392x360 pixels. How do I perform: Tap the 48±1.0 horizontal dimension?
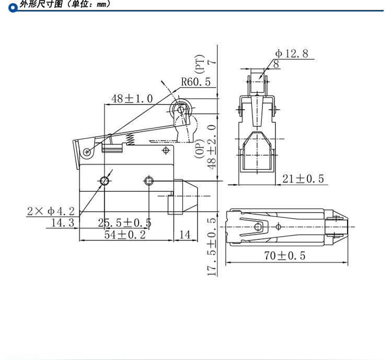pyautogui.click(x=132, y=98)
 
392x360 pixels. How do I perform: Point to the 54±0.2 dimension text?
pyautogui.click(x=124, y=235)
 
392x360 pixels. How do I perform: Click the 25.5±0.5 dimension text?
pyautogui.click(x=124, y=223)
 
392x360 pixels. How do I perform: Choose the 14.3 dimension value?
pyautogui.click(x=63, y=223)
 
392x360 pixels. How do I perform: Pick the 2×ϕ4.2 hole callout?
pyautogui.click(x=51, y=211)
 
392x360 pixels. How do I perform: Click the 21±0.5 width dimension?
pyautogui.click(x=303, y=179)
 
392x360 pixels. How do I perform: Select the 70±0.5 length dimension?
pyautogui.click(x=284, y=256)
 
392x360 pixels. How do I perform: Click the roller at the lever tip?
pyautogui.click(x=181, y=109)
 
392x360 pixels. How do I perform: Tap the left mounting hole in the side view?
pyautogui.click(x=105, y=181)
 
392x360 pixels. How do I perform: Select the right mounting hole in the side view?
pyautogui.click(x=149, y=181)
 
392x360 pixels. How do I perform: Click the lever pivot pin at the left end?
pyautogui.click(x=86, y=152)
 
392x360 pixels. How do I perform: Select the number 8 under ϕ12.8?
pyautogui.click(x=275, y=64)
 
